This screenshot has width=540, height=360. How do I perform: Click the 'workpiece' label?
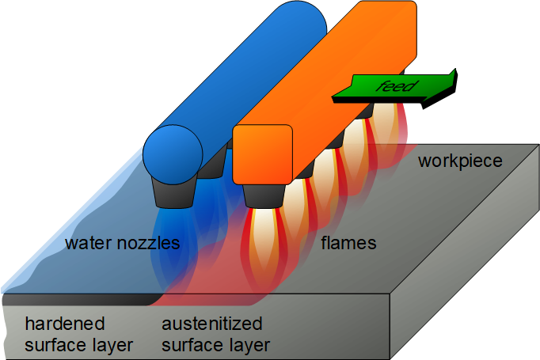460,161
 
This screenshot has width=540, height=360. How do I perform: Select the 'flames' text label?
348,243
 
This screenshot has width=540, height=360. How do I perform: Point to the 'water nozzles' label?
123,243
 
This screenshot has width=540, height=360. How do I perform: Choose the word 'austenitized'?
211,324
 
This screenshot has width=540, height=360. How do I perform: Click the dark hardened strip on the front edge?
79,300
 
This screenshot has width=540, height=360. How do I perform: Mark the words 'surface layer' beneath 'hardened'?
78,345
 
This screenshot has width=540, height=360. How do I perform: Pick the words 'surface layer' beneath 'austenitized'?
215,345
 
